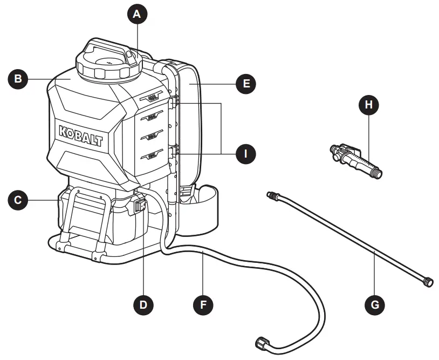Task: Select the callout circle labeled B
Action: pyautogui.click(x=18, y=79)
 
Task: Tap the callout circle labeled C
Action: pyautogui.click(x=18, y=201)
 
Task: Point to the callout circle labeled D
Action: pyautogui.click(x=143, y=304)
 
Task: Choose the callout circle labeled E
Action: pyautogui.click(x=246, y=84)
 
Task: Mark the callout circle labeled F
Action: pyautogui.click(x=203, y=304)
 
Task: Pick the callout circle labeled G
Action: pyautogui.click(x=375, y=304)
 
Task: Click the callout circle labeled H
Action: pyautogui.click(x=369, y=105)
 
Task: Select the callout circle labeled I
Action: pyautogui.click(x=246, y=153)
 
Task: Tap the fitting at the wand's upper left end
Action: pyautogui.click(x=271, y=195)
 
